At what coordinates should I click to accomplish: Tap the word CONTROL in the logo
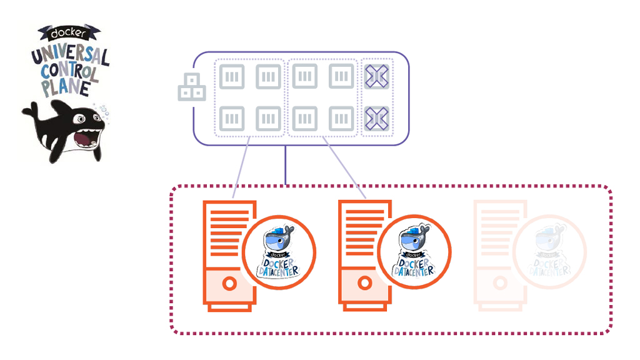point(70,72)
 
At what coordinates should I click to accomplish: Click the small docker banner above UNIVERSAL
point(69,31)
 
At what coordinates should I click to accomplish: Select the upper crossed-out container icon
point(377,77)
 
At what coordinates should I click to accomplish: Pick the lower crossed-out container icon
point(377,116)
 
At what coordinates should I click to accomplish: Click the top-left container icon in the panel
point(231,77)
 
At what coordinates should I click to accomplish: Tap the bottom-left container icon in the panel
point(231,117)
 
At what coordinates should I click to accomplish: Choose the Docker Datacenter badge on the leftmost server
point(279,252)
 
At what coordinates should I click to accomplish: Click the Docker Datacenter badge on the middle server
point(414,252)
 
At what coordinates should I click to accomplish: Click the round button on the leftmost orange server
point(229,284)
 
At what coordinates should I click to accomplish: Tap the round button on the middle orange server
point(363,284)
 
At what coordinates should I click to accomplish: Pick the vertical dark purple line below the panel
point(286,165)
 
